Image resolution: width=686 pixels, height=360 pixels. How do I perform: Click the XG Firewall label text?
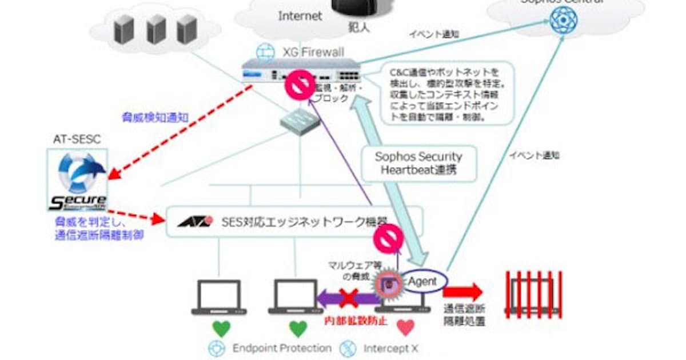coord(313,53)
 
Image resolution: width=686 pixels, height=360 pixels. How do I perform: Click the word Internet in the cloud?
coord(300,16)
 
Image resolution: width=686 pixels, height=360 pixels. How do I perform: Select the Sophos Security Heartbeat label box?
coord(418,163)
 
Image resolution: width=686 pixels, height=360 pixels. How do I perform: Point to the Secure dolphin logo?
coord(77,179)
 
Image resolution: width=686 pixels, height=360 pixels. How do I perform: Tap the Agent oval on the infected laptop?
coord(422,281)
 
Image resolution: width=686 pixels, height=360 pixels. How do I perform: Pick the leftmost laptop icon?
coord(221,297)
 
